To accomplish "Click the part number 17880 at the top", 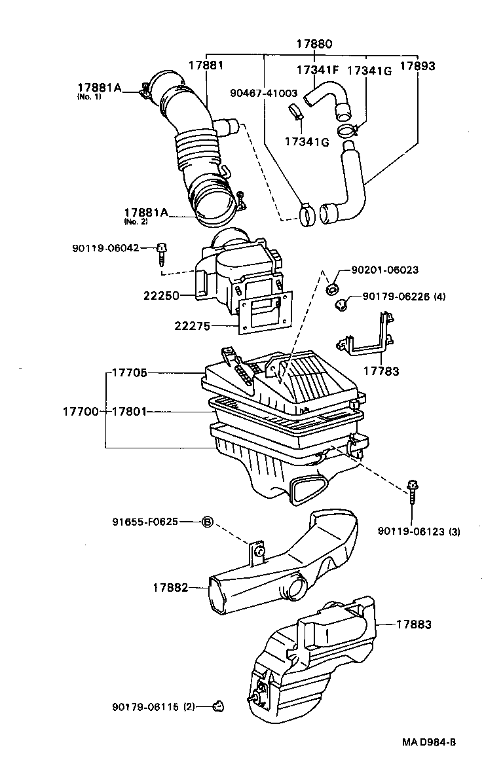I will click(x=314, y=45).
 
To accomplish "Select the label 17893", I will click(x=417, y=66).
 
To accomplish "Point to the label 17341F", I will click(x=318, y=69).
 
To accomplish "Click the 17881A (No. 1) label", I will click(x=99, y=88).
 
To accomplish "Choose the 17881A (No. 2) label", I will click(x=145, y=213).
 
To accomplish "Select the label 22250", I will click(x=161, y=295).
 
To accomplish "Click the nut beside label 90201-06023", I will click(x=332, y=287).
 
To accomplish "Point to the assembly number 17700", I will click(x=81, y=411).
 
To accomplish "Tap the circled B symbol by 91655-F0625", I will click(x=206, y=522).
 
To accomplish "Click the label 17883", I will click(x=413, y=624).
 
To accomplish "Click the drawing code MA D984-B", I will click(x=429, y=742).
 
